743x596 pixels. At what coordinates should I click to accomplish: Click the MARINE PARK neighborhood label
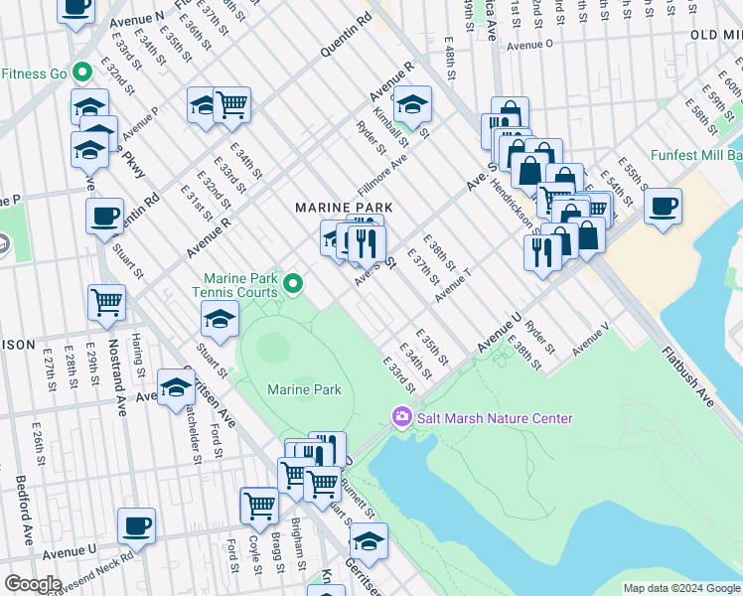(x=343, y=208)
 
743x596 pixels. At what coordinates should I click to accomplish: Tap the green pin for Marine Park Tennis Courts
(x=293, y=285)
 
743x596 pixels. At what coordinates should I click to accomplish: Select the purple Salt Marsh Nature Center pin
(x=401, y=417)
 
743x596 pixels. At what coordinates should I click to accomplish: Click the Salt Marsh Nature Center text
(x=494, y=418)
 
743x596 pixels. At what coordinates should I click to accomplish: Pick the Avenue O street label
(x=528, y=45)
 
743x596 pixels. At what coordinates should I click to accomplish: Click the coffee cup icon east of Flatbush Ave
(x=663, y=207)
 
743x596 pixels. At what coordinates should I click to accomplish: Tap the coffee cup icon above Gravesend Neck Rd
(x=136, y=526)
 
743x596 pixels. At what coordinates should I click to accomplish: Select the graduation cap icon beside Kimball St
(x=410, y=104)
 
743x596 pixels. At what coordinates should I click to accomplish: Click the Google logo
(x=32, y=583)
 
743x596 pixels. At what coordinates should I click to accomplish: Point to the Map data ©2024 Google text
(x=680, y=588)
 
